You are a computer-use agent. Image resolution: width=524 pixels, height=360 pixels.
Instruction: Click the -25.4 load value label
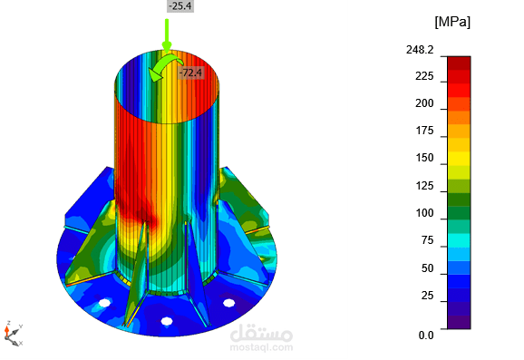pos(180,6)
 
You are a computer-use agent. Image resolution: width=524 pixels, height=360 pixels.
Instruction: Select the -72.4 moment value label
pos(190,73)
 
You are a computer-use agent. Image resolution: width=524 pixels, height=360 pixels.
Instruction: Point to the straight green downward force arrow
pos(167,35)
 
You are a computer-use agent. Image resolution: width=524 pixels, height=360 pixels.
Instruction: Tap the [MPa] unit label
pos(452,22)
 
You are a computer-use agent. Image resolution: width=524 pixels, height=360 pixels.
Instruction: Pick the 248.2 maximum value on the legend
pos(420,50)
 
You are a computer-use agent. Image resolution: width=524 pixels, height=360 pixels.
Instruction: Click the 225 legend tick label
pos(424,76)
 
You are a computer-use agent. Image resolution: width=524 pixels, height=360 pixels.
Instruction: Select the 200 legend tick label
pos(424,103)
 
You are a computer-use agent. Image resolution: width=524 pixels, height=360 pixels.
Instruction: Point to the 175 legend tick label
pos(424,131)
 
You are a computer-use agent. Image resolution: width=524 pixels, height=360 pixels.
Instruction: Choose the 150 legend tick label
pos(424,158)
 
